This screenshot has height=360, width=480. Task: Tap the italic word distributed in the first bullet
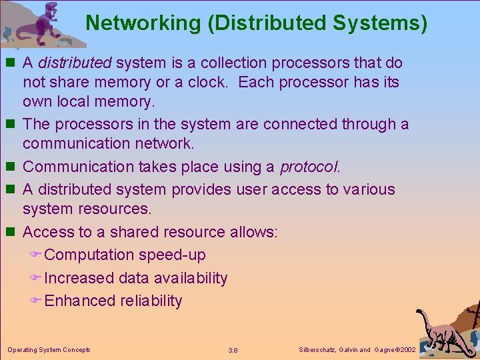(x=74, y=63)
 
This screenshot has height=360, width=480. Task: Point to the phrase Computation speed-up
(x=125, y=255)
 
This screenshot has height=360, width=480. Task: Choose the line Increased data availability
(x=135, y=278)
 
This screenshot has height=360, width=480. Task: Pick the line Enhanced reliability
(x=113, y=301)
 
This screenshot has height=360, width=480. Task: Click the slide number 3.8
(x=233, y=350)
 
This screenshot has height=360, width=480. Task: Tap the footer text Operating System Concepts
(x=49, y=349)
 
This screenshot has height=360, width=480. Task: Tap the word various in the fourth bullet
(x=369, y=189)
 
